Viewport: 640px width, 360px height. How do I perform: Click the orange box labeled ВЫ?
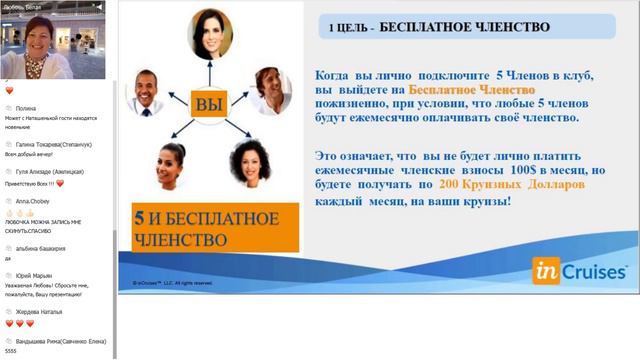point(209,103)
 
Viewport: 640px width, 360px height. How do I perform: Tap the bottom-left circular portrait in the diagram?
point(173,167)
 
